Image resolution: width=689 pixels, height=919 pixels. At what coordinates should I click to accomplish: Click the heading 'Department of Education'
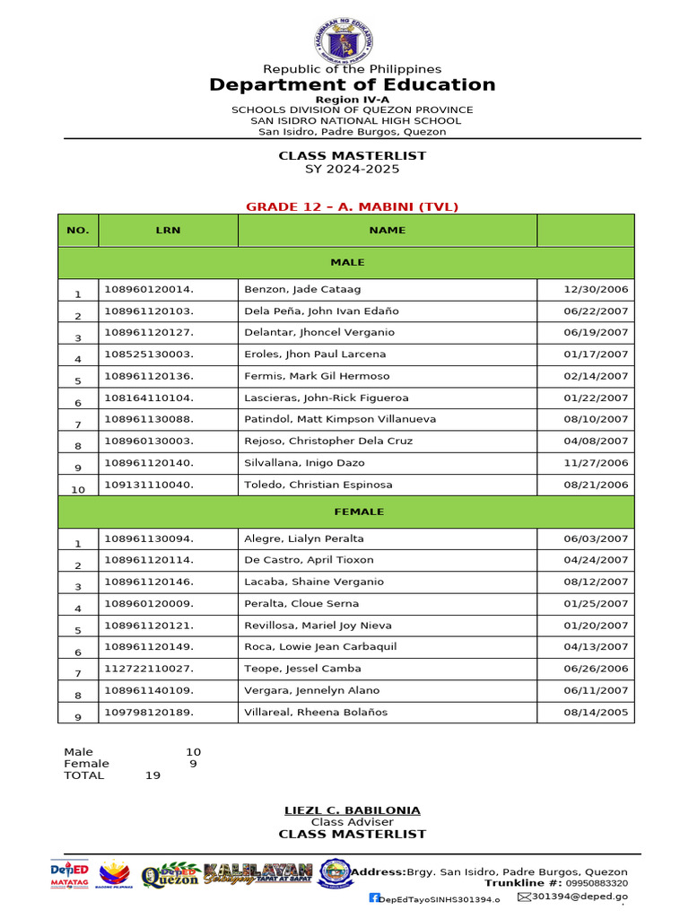[x=352, y=84]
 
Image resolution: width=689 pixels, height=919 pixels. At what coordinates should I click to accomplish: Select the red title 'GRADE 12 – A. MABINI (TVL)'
[x=352, y=206]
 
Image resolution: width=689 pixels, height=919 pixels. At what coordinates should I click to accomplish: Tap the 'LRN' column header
[x=168, y=230]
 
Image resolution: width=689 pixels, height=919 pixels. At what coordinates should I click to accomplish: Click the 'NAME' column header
[x=387, y=230]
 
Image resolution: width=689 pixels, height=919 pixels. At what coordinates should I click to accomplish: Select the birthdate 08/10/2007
[x=596, y=419]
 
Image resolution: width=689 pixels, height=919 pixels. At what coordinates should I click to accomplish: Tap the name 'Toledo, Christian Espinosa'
[x=318, y=485]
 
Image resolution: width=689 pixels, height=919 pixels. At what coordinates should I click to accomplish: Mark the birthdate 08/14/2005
[x=596, y=712]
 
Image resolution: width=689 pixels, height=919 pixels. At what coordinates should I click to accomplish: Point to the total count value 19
[x=153, y=775]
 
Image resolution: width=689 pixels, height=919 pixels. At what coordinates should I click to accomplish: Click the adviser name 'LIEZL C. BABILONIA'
[x=352, y=810]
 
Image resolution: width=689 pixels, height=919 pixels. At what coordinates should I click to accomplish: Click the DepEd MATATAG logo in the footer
[x=69, y=873]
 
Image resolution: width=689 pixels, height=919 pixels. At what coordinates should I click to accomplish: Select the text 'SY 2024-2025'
[x=352, y=169]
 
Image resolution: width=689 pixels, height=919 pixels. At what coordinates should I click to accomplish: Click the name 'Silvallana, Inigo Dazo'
[x=305, y=463]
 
